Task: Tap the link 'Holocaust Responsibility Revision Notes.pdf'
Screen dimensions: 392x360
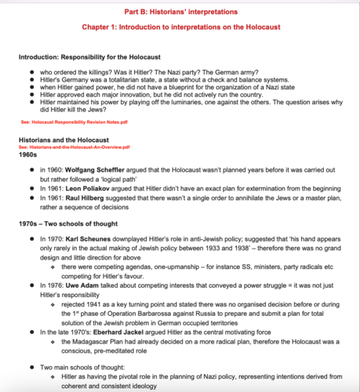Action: pos(80,124)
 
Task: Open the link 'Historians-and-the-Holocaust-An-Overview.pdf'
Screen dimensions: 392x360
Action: pos(78,147)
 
